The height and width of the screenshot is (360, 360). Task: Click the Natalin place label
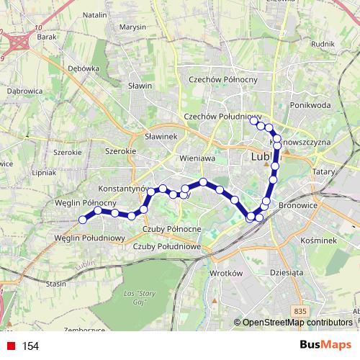95,14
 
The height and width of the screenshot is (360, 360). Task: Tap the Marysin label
133,27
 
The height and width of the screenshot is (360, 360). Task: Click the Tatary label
323,173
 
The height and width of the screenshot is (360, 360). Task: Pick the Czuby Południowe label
166,246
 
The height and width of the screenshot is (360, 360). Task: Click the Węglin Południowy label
90,238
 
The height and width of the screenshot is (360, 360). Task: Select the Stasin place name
56,284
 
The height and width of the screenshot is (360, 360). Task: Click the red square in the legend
10,346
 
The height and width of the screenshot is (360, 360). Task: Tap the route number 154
30,346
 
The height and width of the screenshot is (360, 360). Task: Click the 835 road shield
300,310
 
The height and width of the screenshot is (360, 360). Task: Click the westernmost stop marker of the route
83,219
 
